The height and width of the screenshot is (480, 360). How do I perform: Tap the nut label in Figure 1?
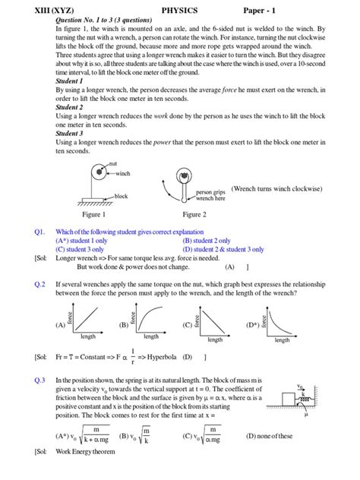(x=112, y=163)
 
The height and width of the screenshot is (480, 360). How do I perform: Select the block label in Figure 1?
(x=120, y=196)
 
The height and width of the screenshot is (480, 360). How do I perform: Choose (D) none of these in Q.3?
(x=269, y=436)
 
